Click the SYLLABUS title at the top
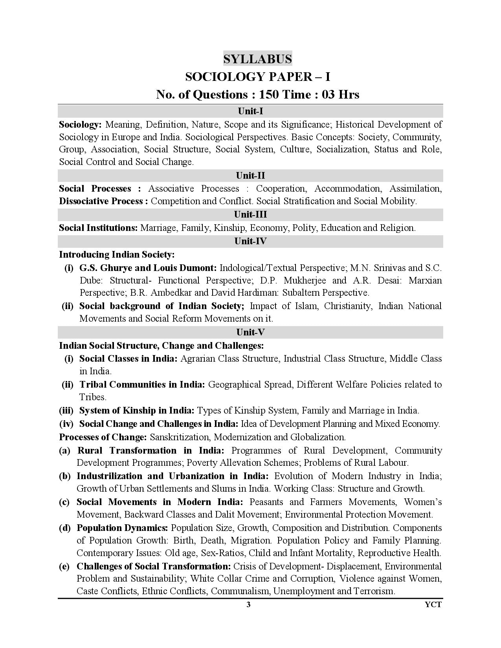257,59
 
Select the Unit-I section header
250,111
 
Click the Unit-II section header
250,175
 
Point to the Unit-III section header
250,214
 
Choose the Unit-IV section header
250,241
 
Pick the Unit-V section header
250,332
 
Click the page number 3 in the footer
248,604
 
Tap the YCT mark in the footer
433,604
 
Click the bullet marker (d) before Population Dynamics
65,528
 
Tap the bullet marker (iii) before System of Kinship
66,410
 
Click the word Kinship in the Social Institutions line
229,228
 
